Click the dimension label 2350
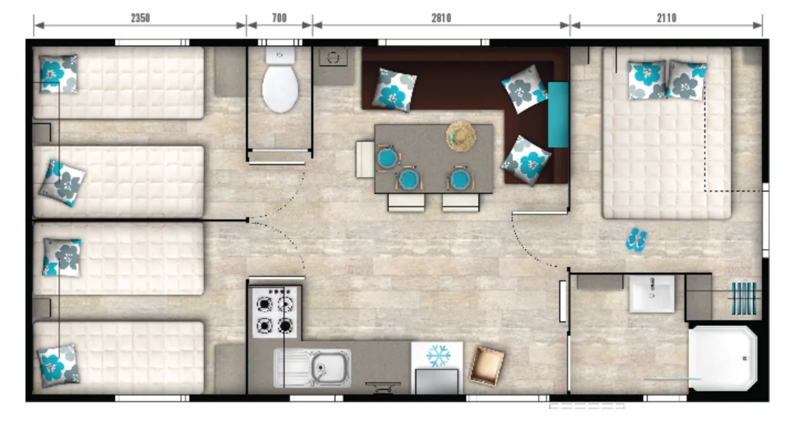(141, 18)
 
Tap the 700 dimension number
(279, 18)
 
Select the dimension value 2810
(441, 18)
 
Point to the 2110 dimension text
(667, 18)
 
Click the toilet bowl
(280, 89)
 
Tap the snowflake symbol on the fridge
(439, 356)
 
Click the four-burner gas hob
(275, 312)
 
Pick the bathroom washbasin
(652, 294)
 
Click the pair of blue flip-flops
(636, 240)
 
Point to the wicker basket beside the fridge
(487, 366)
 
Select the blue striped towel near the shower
(744, 298)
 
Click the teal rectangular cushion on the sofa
(558, 114)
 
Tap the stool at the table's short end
(365, 159)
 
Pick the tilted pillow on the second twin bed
(62, 183)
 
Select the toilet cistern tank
(280, 56)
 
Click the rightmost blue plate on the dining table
(460, 179)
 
